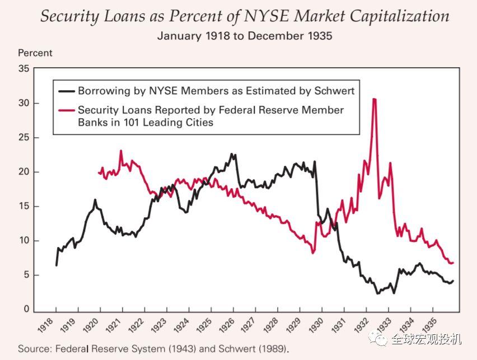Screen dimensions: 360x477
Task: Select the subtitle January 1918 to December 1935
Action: (245, 36)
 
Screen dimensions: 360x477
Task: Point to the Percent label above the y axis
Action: (35, 53)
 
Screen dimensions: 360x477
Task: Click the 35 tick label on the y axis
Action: (23, 69)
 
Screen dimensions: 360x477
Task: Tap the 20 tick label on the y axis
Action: (23, 172)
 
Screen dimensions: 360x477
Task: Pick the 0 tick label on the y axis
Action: (26, 309)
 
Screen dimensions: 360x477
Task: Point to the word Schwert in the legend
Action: (335, 91)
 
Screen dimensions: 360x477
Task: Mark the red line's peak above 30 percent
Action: (374, 99)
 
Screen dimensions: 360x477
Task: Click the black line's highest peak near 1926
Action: (232, 154)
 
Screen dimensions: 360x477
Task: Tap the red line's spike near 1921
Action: (121, 151)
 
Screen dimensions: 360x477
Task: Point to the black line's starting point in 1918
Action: (56, 265)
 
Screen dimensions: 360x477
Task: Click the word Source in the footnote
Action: (34, 349)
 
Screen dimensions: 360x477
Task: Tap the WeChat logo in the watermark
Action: (381, 339)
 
